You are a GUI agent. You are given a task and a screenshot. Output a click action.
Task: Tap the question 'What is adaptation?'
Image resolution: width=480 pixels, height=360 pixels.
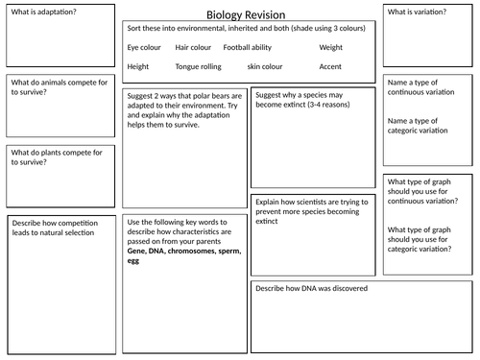43,11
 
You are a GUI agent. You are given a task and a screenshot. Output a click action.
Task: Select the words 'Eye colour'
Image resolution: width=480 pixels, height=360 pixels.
144,46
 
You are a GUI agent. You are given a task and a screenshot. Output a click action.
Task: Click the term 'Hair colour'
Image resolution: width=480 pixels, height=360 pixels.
195,46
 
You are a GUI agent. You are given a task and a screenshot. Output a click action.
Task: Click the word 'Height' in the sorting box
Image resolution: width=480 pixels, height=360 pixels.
137,67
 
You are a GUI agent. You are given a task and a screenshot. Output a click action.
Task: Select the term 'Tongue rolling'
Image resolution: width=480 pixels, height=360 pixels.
200,67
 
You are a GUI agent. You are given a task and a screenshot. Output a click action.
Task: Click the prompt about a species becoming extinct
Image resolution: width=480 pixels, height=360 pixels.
305,105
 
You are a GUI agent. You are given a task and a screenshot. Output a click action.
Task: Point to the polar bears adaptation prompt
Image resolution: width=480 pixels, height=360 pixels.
182,111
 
